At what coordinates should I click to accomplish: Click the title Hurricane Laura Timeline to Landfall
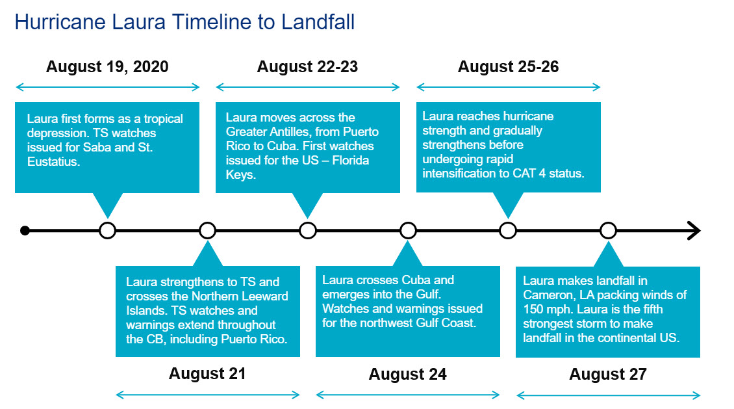(x=184, y=22)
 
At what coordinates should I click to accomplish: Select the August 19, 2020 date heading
(x=107, y=66)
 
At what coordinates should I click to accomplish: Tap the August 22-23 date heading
(x=307, y=66)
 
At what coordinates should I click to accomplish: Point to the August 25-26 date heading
(x=509, y=66)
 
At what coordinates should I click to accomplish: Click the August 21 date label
(x=207, y=373)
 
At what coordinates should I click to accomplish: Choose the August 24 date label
(x=408, y=374)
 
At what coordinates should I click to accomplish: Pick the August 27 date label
(x=608, y=374)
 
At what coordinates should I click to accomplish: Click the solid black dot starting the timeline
(x=25, y=230)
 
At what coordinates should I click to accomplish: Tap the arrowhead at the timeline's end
(x=694, y=230)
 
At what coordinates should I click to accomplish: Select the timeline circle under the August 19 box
(x=108, y=230)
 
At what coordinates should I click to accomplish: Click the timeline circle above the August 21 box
(x=207, y=230)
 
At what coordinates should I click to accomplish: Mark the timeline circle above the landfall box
(x=608, y=230)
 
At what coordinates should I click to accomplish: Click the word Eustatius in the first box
(x=53, y=162)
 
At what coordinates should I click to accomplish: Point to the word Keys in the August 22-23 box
(x=240, y=175)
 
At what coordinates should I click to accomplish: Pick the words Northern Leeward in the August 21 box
(x=240, y=296)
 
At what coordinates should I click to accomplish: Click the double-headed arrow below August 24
(x=408, y=395)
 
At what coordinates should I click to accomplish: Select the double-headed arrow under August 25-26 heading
(x=509, y=86)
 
